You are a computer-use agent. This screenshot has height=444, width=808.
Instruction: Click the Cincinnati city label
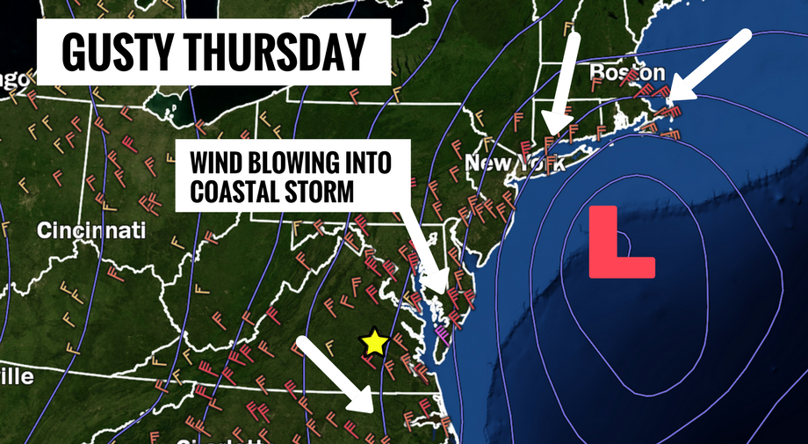[91, 231]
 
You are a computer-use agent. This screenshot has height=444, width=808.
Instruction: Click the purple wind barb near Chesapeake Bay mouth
[442, 331]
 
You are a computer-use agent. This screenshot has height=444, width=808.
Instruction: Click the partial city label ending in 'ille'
[16, 377]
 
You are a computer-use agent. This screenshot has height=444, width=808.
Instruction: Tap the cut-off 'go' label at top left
[12, 79]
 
